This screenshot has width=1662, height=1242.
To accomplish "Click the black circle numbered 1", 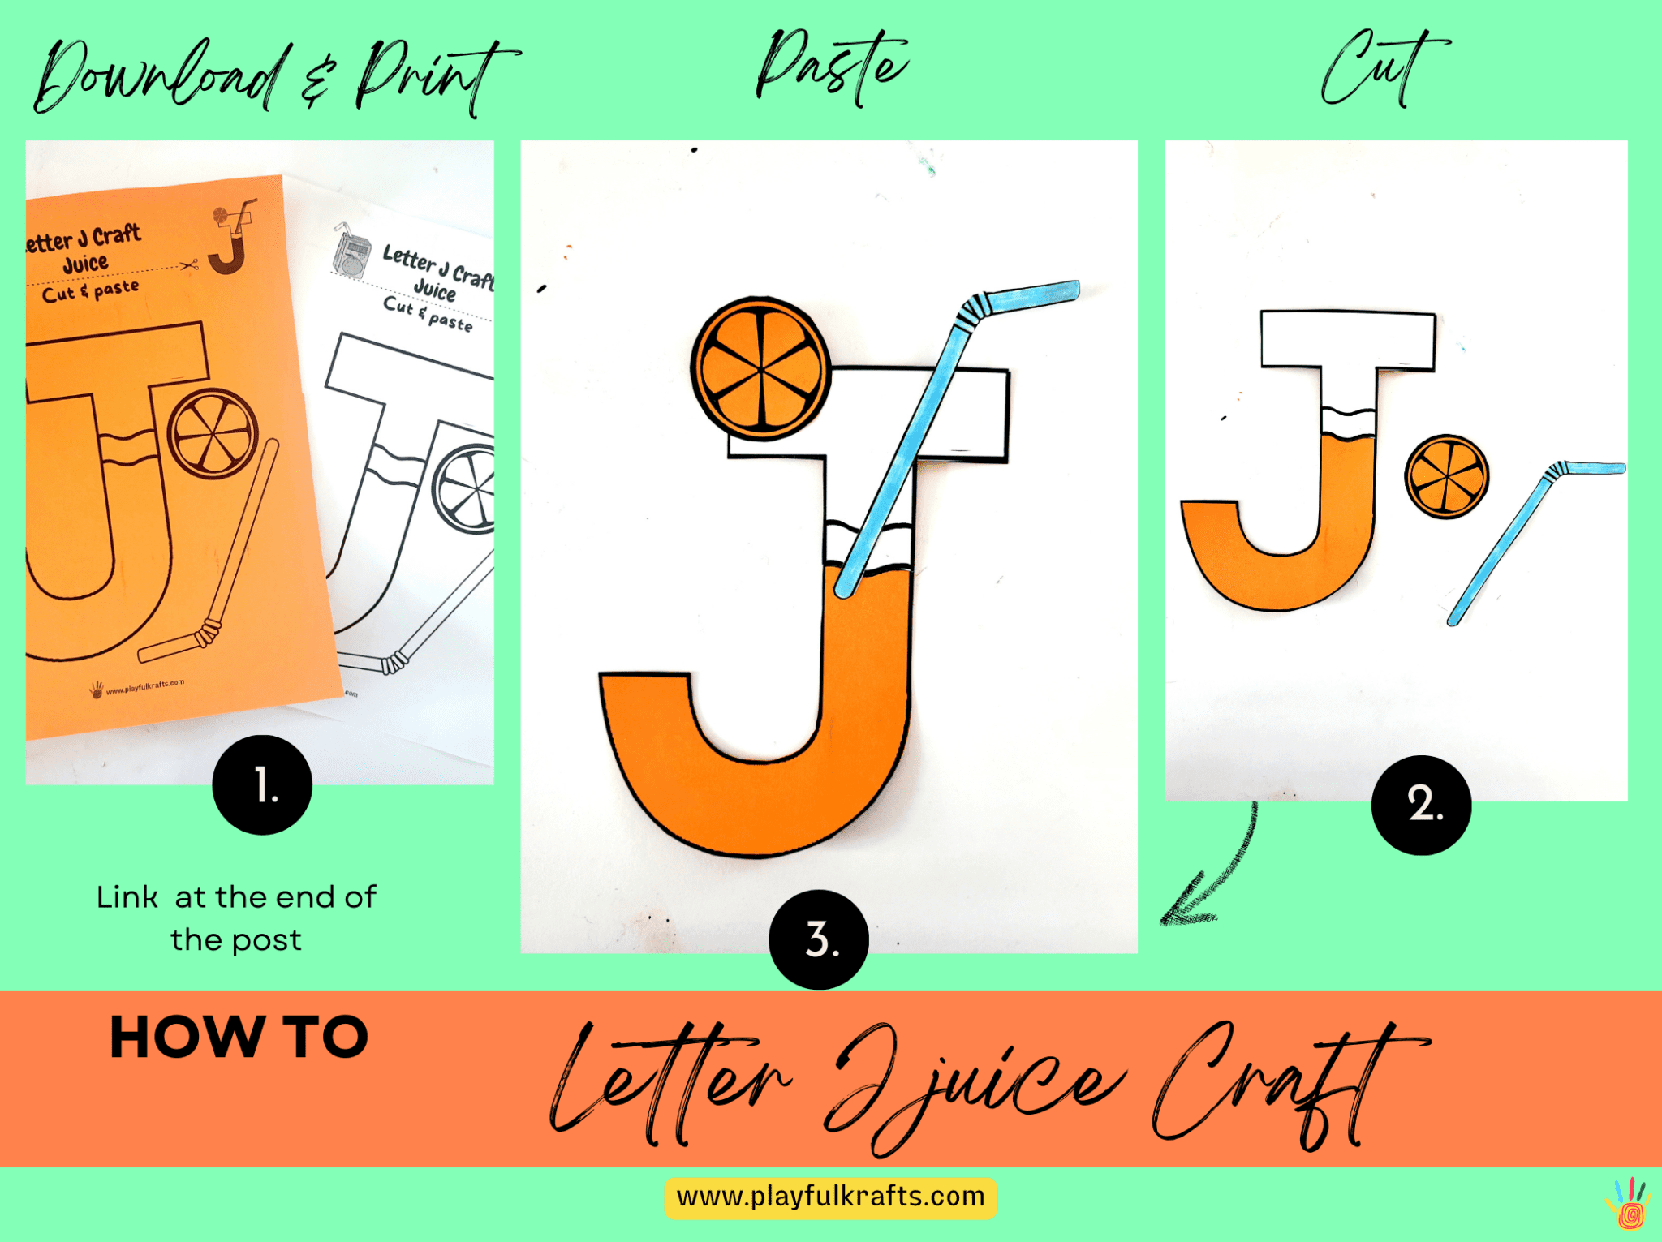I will pos(262,784).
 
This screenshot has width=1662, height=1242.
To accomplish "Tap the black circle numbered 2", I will pos(1421,805).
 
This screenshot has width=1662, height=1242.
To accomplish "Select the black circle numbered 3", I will pos(819,939).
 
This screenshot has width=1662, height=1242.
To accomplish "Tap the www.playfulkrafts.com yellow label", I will pos(830,1197).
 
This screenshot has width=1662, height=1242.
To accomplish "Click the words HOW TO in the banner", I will pos(239,1037).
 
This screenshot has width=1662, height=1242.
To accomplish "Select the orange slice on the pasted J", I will pos(760,369).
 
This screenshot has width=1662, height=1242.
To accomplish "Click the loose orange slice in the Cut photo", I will pos(1446,476).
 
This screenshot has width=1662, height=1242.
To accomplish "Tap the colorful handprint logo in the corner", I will pos(1628,1204).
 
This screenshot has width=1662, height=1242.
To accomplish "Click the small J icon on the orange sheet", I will pos(230,239).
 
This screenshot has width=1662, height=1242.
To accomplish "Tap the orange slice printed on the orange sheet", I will pos(213,434).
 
